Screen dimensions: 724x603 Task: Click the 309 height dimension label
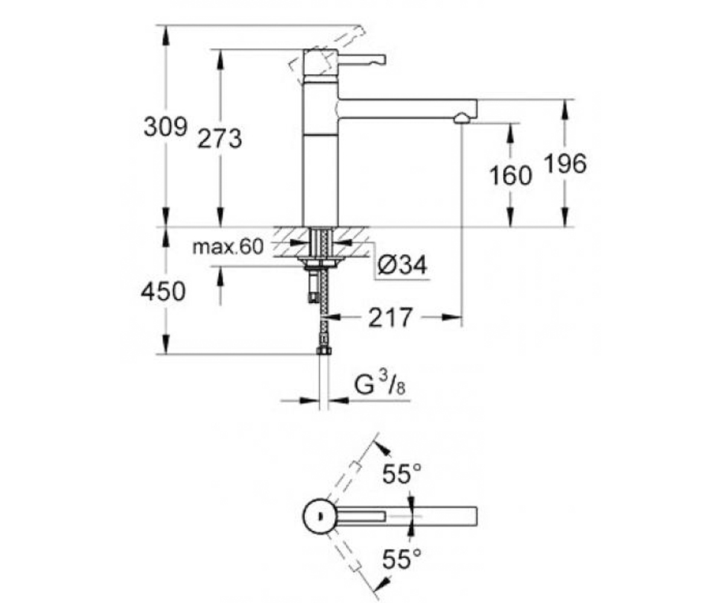165,127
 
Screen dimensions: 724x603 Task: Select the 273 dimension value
220,139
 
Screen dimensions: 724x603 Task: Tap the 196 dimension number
565,163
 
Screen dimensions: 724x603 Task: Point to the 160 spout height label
510,175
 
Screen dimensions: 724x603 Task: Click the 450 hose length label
163,291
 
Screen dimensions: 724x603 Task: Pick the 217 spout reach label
390,317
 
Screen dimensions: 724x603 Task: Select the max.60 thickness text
228,247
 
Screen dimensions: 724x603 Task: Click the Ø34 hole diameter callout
402,265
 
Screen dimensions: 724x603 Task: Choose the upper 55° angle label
402,473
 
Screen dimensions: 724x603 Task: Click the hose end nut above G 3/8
323,351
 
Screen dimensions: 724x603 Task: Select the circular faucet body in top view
320,516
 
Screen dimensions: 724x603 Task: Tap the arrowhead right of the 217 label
452,317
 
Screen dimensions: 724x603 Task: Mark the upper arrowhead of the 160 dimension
510,133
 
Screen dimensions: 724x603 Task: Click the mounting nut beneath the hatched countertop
320,262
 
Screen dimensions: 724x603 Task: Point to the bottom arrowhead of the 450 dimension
166,344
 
